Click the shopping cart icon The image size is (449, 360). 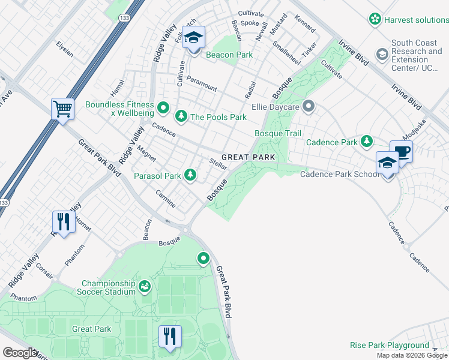[62, 109]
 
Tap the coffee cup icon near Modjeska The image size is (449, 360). [401, 151]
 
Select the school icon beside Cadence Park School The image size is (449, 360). [387, 163]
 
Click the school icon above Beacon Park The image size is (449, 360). [193, 38]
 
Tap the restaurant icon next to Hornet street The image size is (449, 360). [63, 221]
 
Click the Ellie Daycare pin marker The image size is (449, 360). [309, 107]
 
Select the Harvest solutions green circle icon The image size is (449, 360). [375, 20]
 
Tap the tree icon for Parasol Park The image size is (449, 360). [190, 175]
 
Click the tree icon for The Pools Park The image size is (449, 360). [180, 116]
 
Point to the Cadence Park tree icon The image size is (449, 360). [366, 142]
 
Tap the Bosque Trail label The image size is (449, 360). [277, 133]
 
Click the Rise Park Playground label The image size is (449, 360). [389, 346]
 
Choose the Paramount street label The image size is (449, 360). [202, 83]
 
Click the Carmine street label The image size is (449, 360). [166, 199]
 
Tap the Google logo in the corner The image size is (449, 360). [19, 353]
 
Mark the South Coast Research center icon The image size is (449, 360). [381, 55]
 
